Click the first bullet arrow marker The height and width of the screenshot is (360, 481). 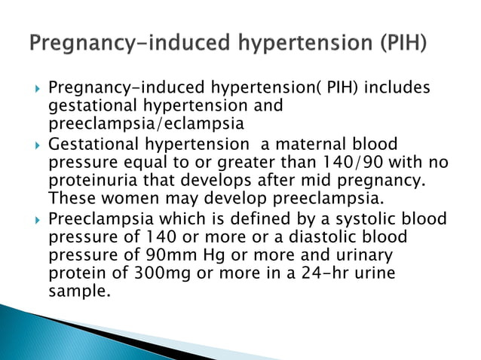(x=35, y=90)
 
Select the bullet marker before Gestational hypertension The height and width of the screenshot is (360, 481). (x=35, y=145)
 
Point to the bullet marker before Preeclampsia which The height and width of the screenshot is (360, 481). (x=35, y=219)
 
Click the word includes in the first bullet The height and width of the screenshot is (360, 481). (x=397, y=89)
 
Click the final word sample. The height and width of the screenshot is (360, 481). (x=79, y=291)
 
